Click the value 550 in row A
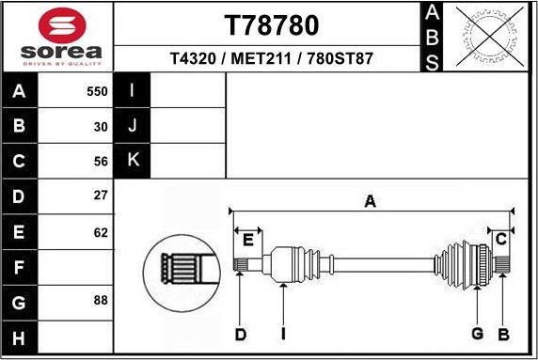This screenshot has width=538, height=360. click(x=97, y=92)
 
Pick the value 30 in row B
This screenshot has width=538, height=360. click(x=101, y=126)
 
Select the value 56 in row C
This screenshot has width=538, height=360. click(x=101, y=161)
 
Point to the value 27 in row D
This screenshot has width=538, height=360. click(x=101, y=196)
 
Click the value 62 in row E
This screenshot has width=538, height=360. click(x=101, y=232)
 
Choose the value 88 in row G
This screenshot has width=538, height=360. click(x=101, y=302)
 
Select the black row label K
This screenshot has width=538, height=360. click(x=133, y=161)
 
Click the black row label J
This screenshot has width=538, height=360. click(x=133, y=126)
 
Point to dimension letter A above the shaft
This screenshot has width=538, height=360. click(x=370, y=200)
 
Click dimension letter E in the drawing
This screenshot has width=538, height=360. click(x=247, y=241)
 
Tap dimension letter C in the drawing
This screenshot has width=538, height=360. click(x=501, y=240)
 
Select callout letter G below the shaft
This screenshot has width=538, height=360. click(x=478, y=335)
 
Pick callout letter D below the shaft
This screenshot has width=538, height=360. click(x=240, y=335)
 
